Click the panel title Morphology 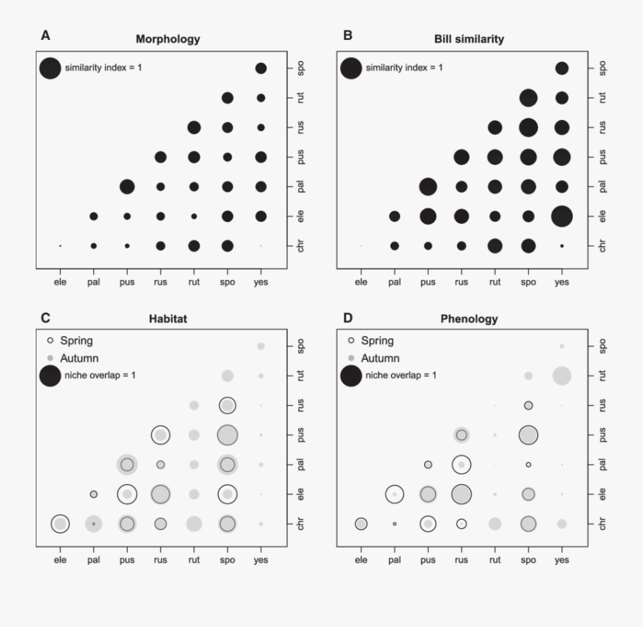point(168,39)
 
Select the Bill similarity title point(469,39)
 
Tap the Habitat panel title point(168,318)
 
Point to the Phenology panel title point(469,318)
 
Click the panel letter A point(45,34)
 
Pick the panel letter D point(348,313)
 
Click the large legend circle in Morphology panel point(50,69)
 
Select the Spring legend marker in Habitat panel point(50,341)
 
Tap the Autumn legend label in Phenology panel point(380,358)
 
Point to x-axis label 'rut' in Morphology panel point(194,281)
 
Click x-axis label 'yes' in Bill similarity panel point(562,281)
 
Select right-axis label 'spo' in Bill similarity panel point(602,68)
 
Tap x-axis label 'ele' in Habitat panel point(60,560)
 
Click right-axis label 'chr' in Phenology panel point(602,523)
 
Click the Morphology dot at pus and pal point(127,186)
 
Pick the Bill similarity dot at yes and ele point(562,216)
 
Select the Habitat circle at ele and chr point(60,523)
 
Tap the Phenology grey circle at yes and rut point(562,375)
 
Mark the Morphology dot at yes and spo point(261,68)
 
